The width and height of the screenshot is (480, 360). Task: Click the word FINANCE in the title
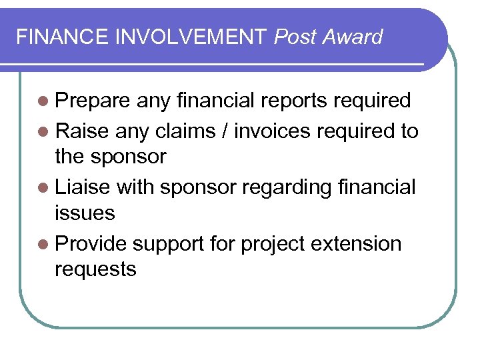[x=63, y=37]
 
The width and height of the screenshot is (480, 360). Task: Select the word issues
[x=85, y=213]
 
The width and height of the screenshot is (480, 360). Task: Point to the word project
[x=276, y=245]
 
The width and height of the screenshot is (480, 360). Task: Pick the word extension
[x=359, y=244]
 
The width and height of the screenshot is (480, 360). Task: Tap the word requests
[x=95, y=271]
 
